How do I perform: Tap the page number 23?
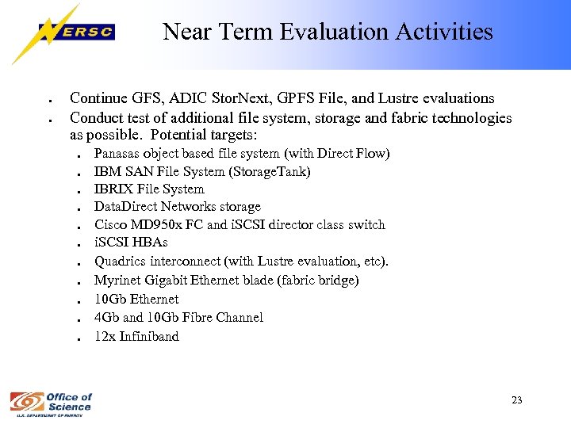[516, 400]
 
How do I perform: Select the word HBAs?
[149, 243]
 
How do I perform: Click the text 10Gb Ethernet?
[136, 299]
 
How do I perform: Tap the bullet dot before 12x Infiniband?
[81, 338]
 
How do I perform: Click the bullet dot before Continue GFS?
[50, 101]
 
